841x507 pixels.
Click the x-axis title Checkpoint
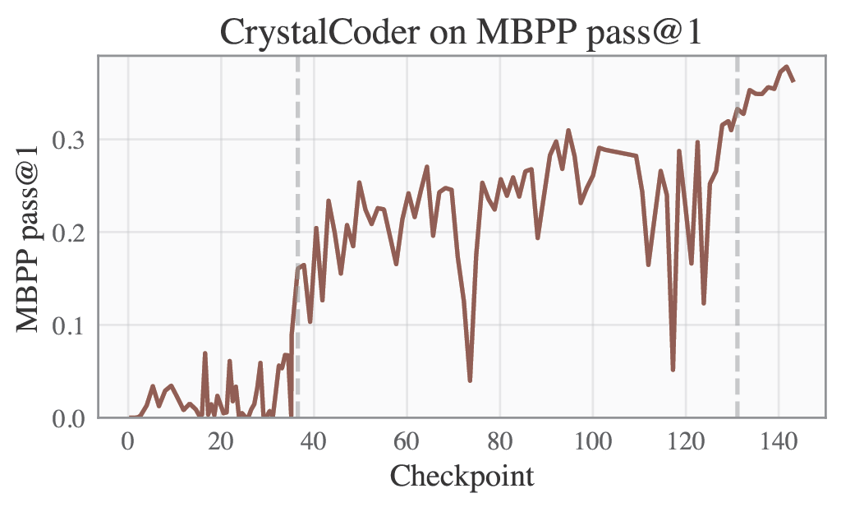(x=462, y=476)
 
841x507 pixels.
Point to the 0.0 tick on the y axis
(x=69, y=418)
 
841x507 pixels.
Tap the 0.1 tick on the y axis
(x=69, y=325)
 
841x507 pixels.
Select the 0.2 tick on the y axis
(x=69, y=233)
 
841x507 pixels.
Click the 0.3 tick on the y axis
(x=69, y=140)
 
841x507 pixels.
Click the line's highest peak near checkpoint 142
(x=787, y=67)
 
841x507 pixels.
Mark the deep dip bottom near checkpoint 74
(x=470, y=380)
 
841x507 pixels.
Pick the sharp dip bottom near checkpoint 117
(x=673, y=370)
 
